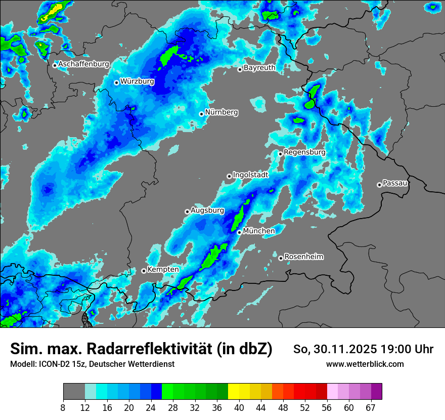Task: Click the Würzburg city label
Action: pyautogui.click(x=137, y=81)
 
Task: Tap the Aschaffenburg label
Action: pyautogui.click(x=83, y=64)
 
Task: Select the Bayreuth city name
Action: pyautogui.click(x=259, y=67)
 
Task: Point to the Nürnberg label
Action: pyautogui.click(x=221, y=112)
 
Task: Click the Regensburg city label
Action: pyautogui.click(x=304, y=152)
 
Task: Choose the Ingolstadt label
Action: pyautogui.click(x=250, y=175)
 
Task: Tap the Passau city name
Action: pyautogui.click(x=395, y=183)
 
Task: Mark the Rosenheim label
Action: pyautogui.click(x=304, y=257)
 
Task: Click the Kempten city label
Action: pyautogui.click(x=163, y=269)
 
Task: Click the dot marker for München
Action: pyautogui.click(x=239, y=232)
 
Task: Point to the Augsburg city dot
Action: pyautogui.click(x=187, y=212)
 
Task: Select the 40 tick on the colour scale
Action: pyautogui.click(x=239, y=408)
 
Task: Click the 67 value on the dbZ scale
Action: pyautogui.click(x=371, y=408)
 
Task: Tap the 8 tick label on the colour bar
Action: pyautogui.click(x=63, y=408)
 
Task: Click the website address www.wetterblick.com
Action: pyautogui.click(x=365, y=364)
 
